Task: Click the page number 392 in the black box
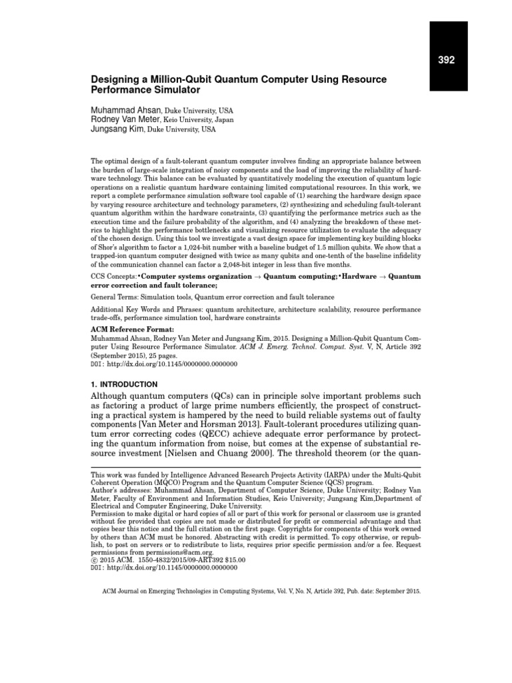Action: click(446, 60)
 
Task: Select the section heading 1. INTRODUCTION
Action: click(124, 384)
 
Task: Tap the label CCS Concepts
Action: click(115, 275)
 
